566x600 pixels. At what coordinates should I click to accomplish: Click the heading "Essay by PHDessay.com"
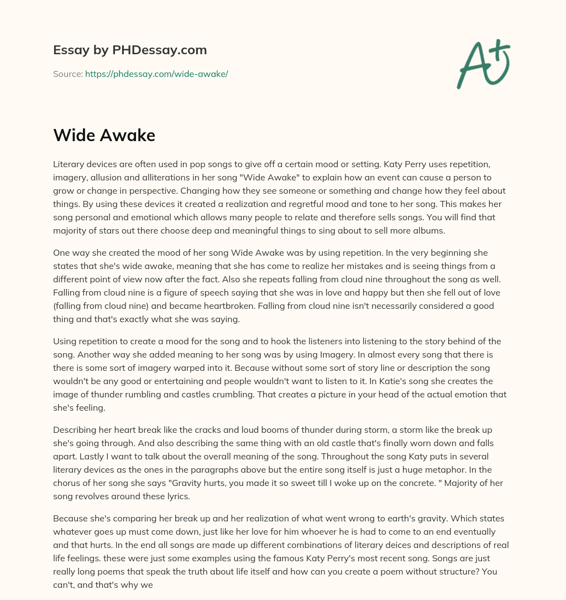(130, 50)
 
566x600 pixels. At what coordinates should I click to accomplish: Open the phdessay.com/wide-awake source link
(156, 74)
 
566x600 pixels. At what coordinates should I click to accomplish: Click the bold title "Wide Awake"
(104, 135)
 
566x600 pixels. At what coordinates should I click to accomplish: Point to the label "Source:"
(67, 74)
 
